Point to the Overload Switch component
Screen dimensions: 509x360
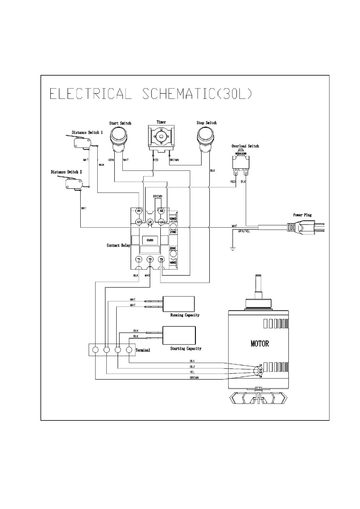tap(241, 163)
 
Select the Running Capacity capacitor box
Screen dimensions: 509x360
tap(178, 304)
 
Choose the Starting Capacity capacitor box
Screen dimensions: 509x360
tap(179, 335)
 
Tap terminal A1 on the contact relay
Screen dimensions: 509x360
tap(139, 211)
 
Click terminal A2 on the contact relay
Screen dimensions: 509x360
tap(161, 211)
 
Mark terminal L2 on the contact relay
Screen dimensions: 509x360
tap(150, 222)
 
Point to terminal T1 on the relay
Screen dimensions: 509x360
tap(139, 259)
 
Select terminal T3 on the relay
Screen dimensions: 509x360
tap(161, 259)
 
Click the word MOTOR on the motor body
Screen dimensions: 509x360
tap(260, 343)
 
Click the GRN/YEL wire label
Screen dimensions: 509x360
tap(244, 231)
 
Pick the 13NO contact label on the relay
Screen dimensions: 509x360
tap(173, 219)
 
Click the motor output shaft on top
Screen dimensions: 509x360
tap(258, 284)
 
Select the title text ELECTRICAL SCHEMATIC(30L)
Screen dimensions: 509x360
tap(151, 94)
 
